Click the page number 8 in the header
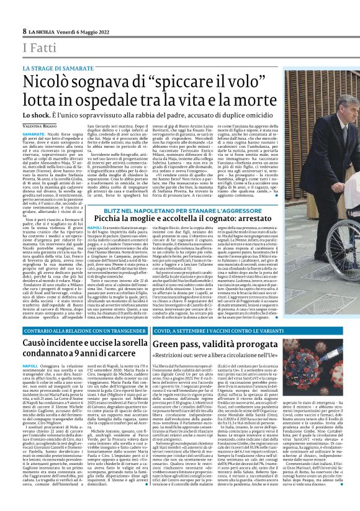pyautogui.click(x=24, y=30)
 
